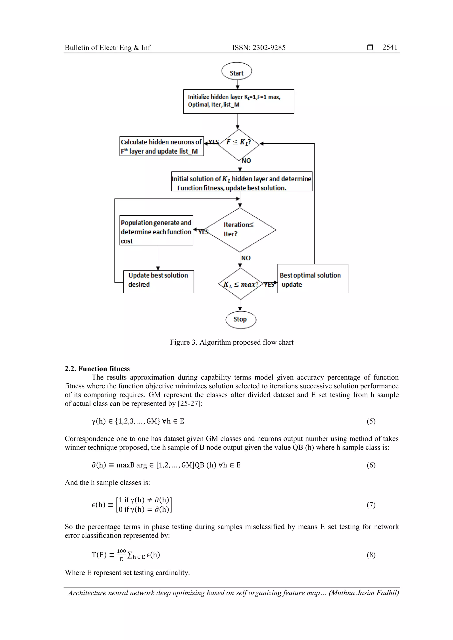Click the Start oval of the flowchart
click(x=236, y=71)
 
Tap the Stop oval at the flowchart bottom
click(x=241, y=319)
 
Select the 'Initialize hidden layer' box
click(x=238, y=101)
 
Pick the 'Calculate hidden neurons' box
click(x=161, y=146)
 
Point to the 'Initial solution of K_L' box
click(x=242, y=181)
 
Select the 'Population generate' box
click(x=156, y=230)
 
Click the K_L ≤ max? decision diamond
click(x=240, y=284)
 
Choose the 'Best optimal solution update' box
click(x=313, y=279)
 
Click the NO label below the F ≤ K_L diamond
click(x=246, y=161)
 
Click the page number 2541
click(x=390, y=47)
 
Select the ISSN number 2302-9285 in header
click(x=269, y=48)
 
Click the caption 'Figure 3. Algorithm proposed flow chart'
click(x=232, y=342)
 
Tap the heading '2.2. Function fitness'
click(x=97, y=369)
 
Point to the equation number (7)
click(x=371, y=505)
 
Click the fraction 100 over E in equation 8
click(x=121, y=555)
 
